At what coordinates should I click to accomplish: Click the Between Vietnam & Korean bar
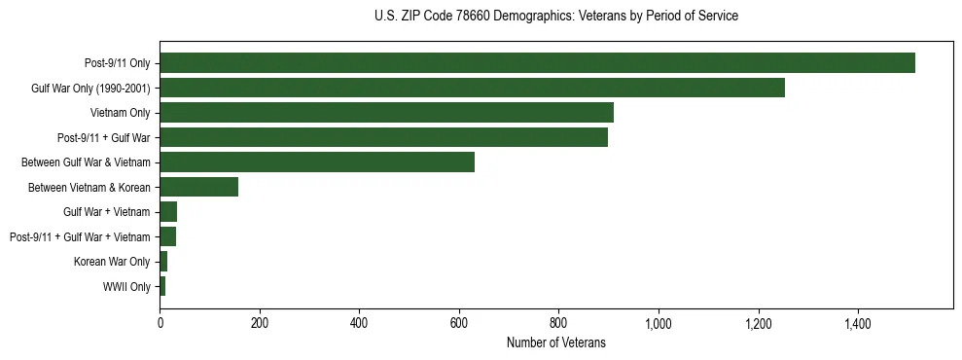[x=198, y=188]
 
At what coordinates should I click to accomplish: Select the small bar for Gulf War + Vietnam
[x=168, y=212]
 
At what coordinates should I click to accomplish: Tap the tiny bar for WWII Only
[x=162, y=287]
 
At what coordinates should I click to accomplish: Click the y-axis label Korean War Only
[x=112, y=262]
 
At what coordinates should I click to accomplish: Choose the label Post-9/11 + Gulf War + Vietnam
[x=80, y=237]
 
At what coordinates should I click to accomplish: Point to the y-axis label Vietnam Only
[x=120, y=113]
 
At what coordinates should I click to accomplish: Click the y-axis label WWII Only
[x=126, y=287]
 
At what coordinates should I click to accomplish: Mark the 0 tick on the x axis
[x=160, y=323]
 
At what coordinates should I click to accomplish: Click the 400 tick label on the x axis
[x=359, y=323]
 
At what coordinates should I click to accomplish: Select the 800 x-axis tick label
[x=558, y=323]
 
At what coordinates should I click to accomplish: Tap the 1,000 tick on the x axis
[x=659, y=323]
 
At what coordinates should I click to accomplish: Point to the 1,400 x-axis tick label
[x=858, y=323]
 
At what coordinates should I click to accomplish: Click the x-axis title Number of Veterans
[x=555, y=342]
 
